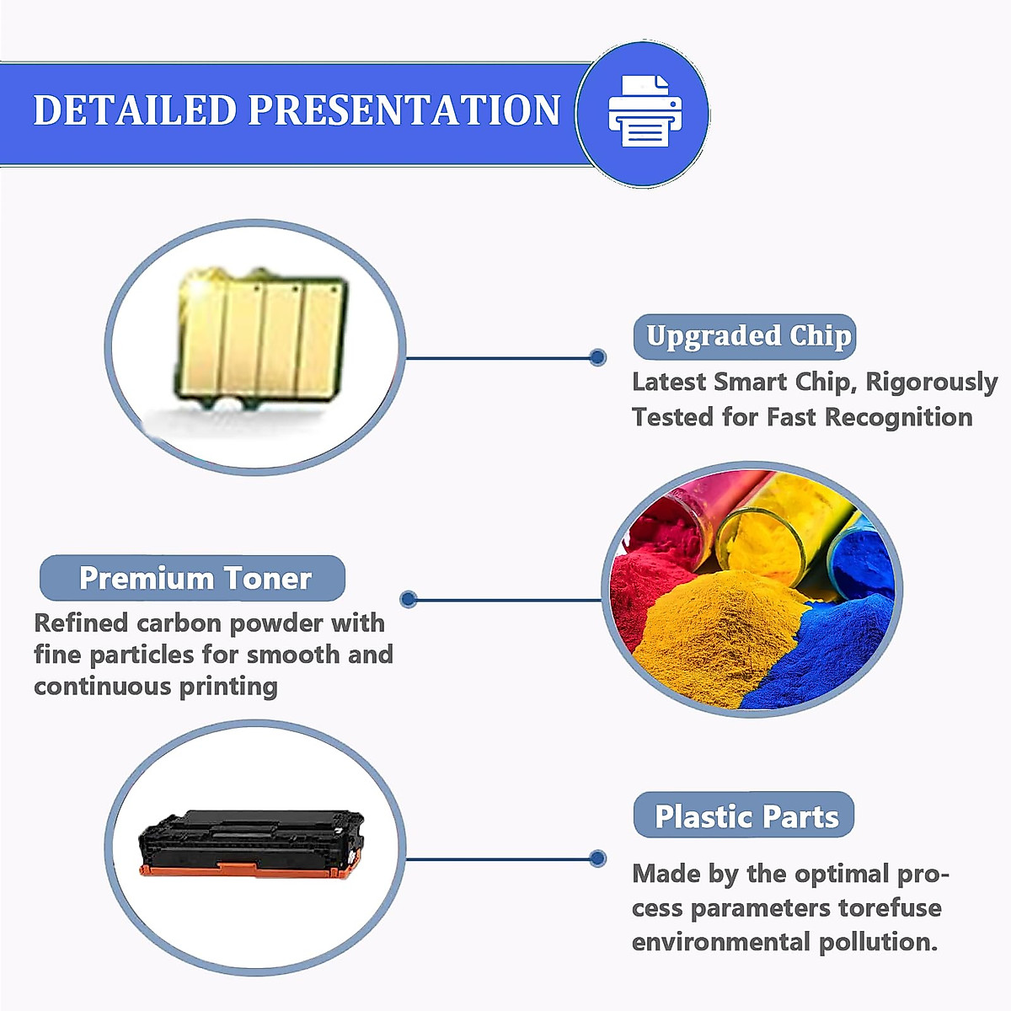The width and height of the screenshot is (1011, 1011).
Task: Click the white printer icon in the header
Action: (645, 111)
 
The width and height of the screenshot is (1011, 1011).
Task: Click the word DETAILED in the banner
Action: (135, 110)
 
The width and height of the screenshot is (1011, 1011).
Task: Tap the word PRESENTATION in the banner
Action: (404, 110)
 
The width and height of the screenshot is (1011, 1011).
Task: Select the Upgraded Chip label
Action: (746, 336)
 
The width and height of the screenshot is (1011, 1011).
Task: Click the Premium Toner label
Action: (194, 578)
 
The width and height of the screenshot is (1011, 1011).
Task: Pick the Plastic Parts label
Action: (746, 816)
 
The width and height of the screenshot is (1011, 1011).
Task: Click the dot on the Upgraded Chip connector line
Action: (598, 357)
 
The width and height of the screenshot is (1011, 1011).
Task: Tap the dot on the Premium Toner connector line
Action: (409, 599)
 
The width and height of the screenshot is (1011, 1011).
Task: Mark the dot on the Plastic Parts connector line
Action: (598, 859)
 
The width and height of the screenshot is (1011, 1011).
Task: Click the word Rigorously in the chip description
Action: (931, 382)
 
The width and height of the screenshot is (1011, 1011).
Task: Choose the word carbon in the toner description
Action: (179, 623)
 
